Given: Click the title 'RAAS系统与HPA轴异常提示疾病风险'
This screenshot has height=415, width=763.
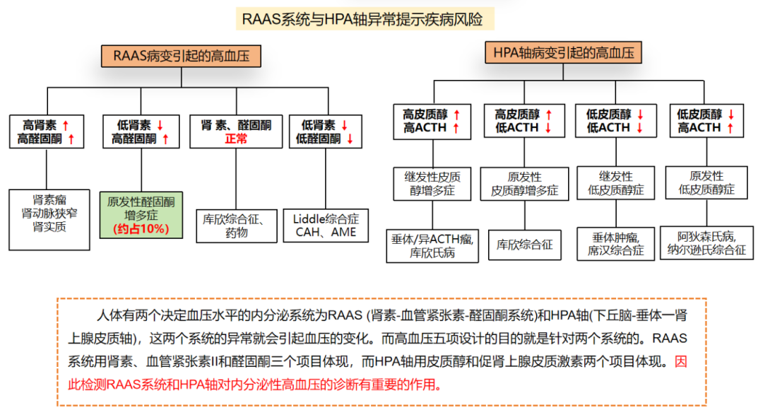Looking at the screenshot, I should [x=363, y=19].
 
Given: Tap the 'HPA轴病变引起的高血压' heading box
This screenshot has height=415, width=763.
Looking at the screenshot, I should [x=562, y=54].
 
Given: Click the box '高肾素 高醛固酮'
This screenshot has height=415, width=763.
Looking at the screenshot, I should [x=47, y=131].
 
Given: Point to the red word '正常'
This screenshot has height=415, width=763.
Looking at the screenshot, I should [x=236, y=139].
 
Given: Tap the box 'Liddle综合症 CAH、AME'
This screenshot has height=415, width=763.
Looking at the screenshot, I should [x=326, y=226].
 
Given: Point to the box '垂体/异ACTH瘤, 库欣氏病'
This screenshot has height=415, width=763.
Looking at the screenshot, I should [x=431, y=245].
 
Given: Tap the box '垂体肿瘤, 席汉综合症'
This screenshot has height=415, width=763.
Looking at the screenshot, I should [x=616, y=242].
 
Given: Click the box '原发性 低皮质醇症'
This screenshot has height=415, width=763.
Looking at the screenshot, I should [x=706, y=182].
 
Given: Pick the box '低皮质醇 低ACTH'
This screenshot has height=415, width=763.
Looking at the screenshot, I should [x=615, y=121].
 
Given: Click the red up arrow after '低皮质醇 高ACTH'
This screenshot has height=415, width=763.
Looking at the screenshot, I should [x=731, y=128].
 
